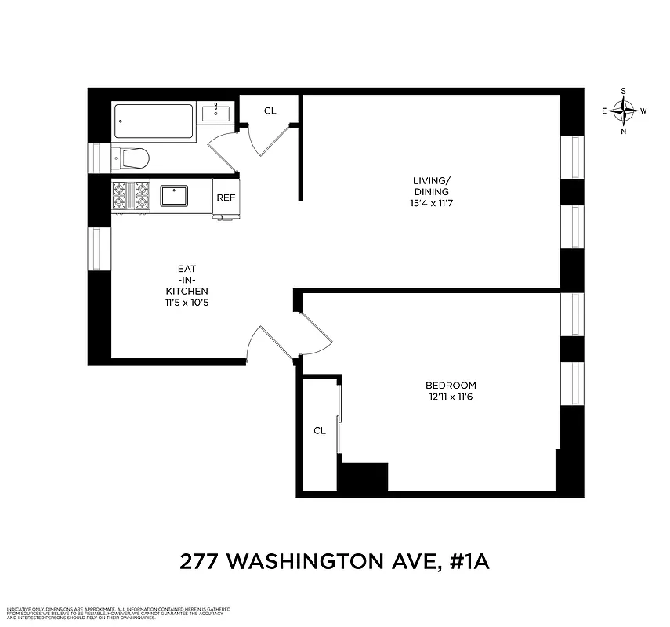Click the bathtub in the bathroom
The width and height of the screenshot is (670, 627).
pos(154,121)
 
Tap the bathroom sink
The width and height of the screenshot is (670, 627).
pos(215,114)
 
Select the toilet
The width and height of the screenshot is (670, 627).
pos(132,158)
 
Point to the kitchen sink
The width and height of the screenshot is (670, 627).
pos(174,195)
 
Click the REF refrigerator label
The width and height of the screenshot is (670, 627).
pos(226,198)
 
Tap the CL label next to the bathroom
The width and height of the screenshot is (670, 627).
pos(270,111)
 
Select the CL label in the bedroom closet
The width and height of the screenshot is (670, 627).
pos(319,430)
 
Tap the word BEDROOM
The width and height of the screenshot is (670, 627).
pos(451,386)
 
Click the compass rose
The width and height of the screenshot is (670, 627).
pos(624,111)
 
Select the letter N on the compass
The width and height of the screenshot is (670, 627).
pos(624,131)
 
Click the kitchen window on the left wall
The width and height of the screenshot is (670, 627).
pos(99,248)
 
